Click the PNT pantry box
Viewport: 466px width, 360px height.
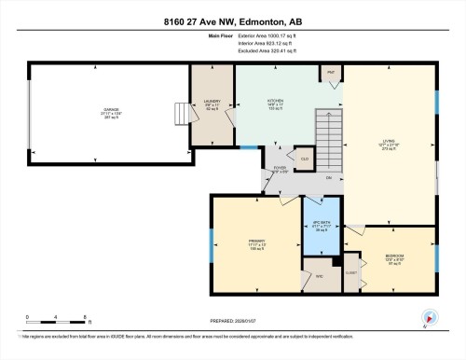pos(330,72)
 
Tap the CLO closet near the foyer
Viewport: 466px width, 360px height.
pos(304,159)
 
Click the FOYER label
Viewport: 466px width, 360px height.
pos(279,170)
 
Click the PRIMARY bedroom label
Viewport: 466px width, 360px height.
pos(258,243)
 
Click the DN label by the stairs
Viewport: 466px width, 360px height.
pos(329,178)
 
